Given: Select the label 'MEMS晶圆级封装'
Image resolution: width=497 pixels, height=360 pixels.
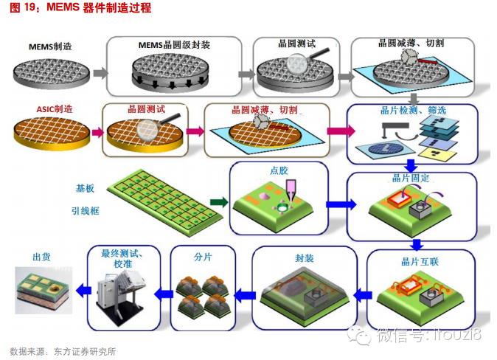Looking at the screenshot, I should point(174,45).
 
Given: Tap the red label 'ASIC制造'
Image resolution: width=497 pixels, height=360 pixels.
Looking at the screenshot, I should point(54,108).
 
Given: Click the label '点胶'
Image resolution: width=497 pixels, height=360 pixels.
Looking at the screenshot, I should point(280,170).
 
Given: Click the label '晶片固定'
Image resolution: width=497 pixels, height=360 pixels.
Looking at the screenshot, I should point(405,179).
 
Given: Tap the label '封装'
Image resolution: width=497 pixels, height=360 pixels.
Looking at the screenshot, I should point(304,258).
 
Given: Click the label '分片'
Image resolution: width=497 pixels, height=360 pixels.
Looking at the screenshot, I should point(203,257).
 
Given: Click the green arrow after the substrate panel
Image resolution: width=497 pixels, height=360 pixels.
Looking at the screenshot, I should point(218,201).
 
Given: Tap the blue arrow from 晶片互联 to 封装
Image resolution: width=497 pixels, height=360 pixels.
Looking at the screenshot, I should point(361,294).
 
